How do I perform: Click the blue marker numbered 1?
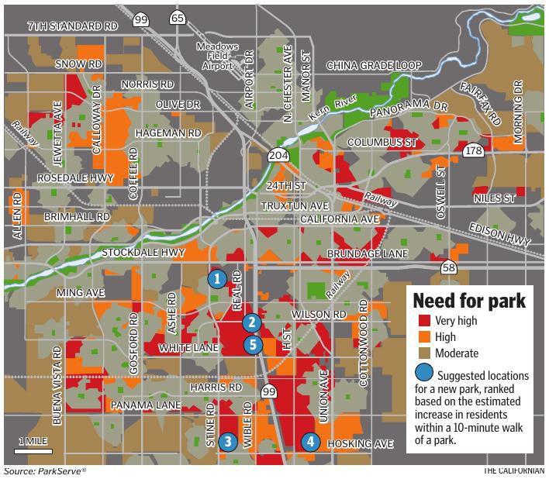pos(217,278)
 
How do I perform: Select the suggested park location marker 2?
pos(251,323)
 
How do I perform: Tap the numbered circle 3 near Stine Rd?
pos(227,442)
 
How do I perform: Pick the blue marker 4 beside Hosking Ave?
pos(310,442)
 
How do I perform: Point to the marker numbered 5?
pos(252,345)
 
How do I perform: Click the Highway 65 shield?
pos(178,18)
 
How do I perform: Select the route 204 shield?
pos(278,156)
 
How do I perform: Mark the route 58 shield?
pos(448,268)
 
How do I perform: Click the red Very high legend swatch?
pos(423,321)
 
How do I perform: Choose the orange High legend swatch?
pos(423,337)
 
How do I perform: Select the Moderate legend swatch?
pos(423,353)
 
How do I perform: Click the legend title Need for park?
pos(468,300)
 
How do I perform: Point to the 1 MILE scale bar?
pos(33,446)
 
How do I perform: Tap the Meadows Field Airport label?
pos(216,57)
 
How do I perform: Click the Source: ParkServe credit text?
pos(44,471)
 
